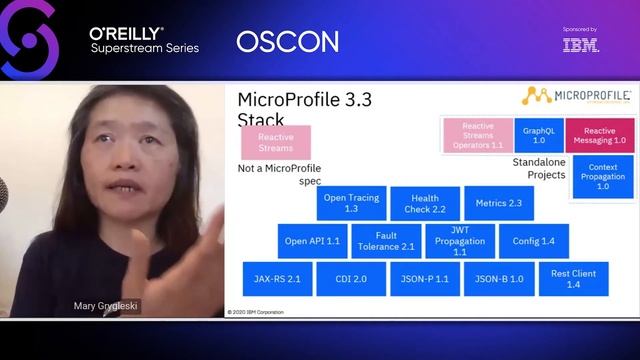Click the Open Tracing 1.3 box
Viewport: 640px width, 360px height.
point(351,204)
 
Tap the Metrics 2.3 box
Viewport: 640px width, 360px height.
point(499,203)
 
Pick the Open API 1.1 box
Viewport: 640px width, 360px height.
point(313,241)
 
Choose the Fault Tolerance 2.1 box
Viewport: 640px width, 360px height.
point(386,241)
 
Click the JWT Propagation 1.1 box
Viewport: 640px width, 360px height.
point(459,241)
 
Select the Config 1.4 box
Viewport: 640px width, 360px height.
point(533,241)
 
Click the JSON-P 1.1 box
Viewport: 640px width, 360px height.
point(424,278)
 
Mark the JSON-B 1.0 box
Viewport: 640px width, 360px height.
point(499,278)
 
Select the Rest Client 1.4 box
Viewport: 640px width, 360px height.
point(573,278)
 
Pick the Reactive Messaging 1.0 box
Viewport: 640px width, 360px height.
point(599,135)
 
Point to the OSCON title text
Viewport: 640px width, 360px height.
point(287,42)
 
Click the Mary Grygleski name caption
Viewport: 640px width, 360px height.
point(106,307)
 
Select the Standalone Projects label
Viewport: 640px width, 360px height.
point(539,168)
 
